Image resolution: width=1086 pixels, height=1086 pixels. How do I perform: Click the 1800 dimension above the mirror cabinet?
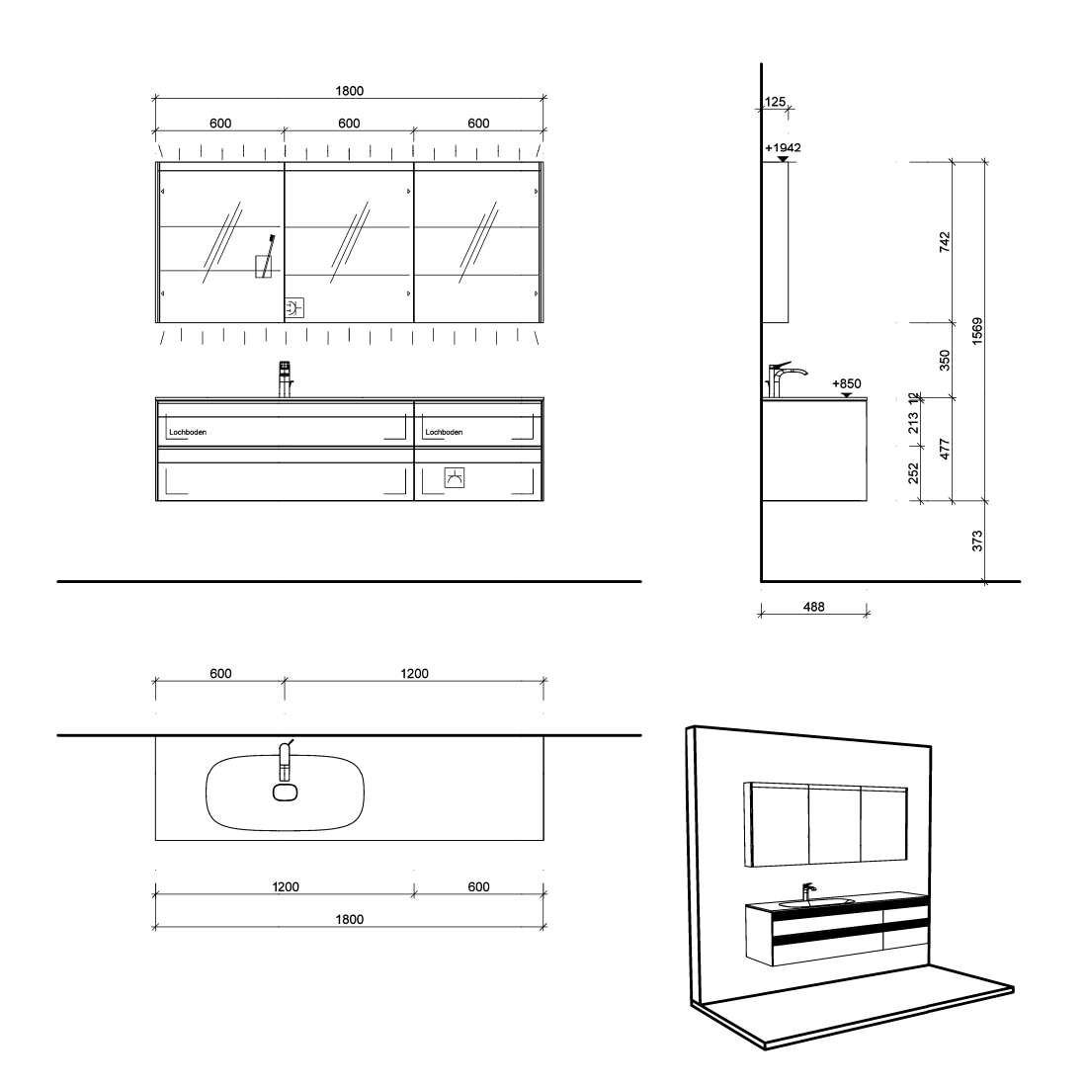[x=349, y=91]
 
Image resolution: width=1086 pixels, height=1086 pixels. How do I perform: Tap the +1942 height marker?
[x=783, y=147]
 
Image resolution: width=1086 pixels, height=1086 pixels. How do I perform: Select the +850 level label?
[x=846, y=383]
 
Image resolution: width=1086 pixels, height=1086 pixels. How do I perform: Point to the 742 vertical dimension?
[x=945, y=242]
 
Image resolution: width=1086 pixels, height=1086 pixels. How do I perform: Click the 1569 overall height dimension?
[x=976, y=331]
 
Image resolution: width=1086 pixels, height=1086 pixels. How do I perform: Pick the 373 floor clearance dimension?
[x=976, y=541]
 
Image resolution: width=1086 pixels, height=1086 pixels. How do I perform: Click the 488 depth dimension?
[x=814, y=607]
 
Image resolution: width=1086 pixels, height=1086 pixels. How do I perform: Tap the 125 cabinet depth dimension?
[x=775, y=102]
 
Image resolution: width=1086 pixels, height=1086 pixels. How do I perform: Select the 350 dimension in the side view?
[x=945, y=360]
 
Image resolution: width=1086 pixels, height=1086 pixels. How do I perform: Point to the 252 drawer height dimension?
[x=913, y=473]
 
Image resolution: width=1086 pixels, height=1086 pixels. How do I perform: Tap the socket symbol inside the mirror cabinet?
[x=294, y=308]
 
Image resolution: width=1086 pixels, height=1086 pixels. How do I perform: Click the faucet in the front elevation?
[x=285, y=378]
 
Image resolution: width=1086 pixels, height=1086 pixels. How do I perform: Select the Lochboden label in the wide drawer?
[x=188, y=432]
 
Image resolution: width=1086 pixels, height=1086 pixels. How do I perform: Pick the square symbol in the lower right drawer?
[x=455, y=478]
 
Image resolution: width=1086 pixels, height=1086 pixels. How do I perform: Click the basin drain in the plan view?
[x=285, y=793]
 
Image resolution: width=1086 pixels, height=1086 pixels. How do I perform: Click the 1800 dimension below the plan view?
[x=349, y=919]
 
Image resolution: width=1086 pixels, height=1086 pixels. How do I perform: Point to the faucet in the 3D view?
[x=807, y=891]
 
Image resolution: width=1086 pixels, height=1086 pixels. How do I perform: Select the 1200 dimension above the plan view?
[x=414, y=673]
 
